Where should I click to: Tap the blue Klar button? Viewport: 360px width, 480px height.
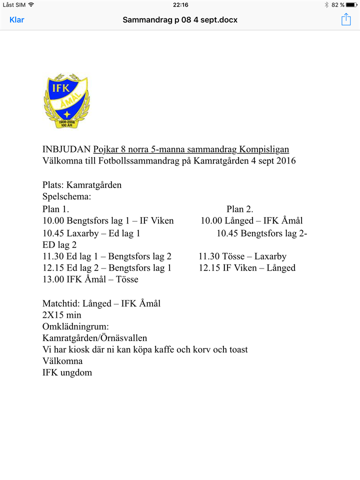[17, 20]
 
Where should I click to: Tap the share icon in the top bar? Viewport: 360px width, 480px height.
[346, 19]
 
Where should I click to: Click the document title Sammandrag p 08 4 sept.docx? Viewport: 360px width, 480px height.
[180, 20]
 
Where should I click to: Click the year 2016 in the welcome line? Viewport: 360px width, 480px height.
[285, 161]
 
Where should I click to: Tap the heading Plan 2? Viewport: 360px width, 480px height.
[240, 209]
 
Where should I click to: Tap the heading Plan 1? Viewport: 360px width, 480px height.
[55, 209]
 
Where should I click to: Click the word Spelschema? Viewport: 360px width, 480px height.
[66, 196]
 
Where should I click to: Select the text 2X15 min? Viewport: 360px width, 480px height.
[62, 315]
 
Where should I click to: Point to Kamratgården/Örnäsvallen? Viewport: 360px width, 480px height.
[95, 338]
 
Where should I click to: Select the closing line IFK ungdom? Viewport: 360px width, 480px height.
[67, 372]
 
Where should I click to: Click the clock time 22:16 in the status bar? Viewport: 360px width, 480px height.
[180, 4]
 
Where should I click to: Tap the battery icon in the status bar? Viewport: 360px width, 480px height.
[351, 4]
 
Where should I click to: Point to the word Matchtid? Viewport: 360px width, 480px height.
[61, 303]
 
